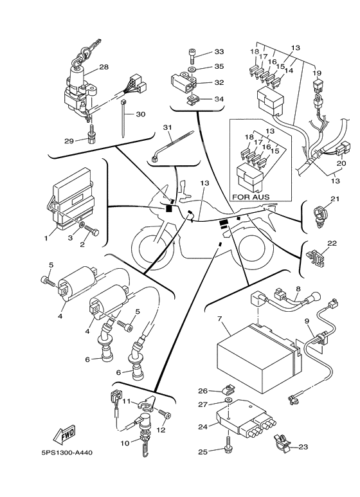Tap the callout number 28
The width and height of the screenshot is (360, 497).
pyautogui.click(x=104, y=66)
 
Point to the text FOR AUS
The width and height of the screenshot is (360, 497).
pyautogui.click(x=251, y=197)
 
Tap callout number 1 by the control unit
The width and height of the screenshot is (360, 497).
pyautogui.click(x=46, y=238)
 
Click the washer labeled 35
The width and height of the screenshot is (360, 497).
pyautogui.click(x=192, y=66)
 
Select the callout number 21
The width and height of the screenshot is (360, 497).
pyautogui.click(x=334, y=201)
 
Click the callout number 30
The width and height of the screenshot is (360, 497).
pyautogui.click(x=140, y=114)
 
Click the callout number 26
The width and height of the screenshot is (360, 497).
pyautogui.click(x=203, y=390)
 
